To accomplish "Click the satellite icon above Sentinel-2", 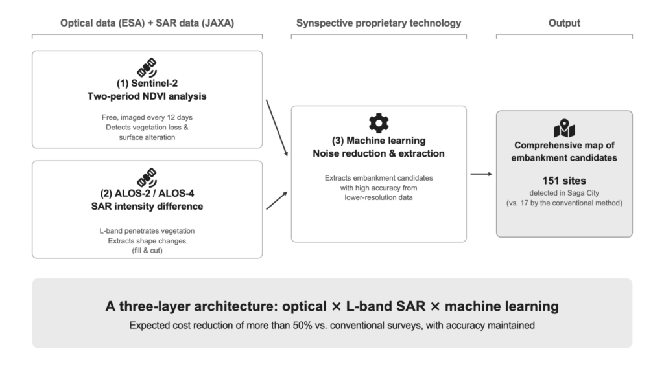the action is point(147,67).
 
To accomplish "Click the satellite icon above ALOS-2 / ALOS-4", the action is point(147,177).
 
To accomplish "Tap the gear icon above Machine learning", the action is point(379,123).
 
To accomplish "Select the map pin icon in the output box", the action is point(564,128).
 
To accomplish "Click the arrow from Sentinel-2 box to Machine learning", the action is point(277,128).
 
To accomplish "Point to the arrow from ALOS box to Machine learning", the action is point(277,201).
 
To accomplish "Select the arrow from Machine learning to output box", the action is point(482,174).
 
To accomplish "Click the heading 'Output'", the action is point(564,23).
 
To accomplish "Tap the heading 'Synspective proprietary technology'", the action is point(379,23).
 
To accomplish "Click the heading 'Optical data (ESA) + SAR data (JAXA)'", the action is point(147,23).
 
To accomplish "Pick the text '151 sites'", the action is point(564,181).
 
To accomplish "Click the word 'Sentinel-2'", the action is point(154,84).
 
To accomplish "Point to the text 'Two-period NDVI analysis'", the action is point(147,96).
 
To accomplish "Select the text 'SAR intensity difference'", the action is point(147,207).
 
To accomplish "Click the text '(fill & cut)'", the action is point(147,251).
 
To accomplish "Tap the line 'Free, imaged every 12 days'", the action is point(147,117).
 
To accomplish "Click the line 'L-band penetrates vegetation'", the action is point(147,231).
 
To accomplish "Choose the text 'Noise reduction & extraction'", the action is point(379,153).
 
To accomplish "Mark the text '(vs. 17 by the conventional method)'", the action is point(564,203).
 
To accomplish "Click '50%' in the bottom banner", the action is point(302,325).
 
